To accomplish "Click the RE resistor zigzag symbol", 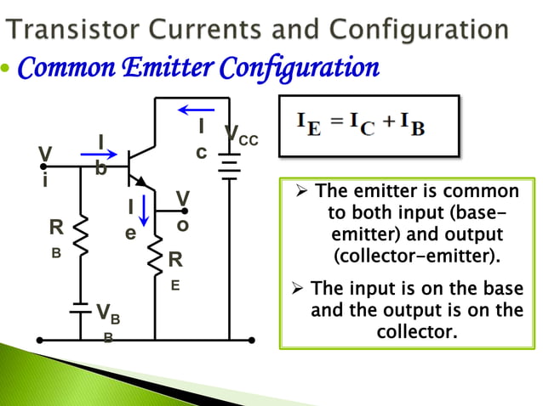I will point(155,255).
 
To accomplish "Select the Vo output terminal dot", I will point(186,211).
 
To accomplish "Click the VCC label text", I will point(241,136).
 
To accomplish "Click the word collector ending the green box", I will point(416,330).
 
